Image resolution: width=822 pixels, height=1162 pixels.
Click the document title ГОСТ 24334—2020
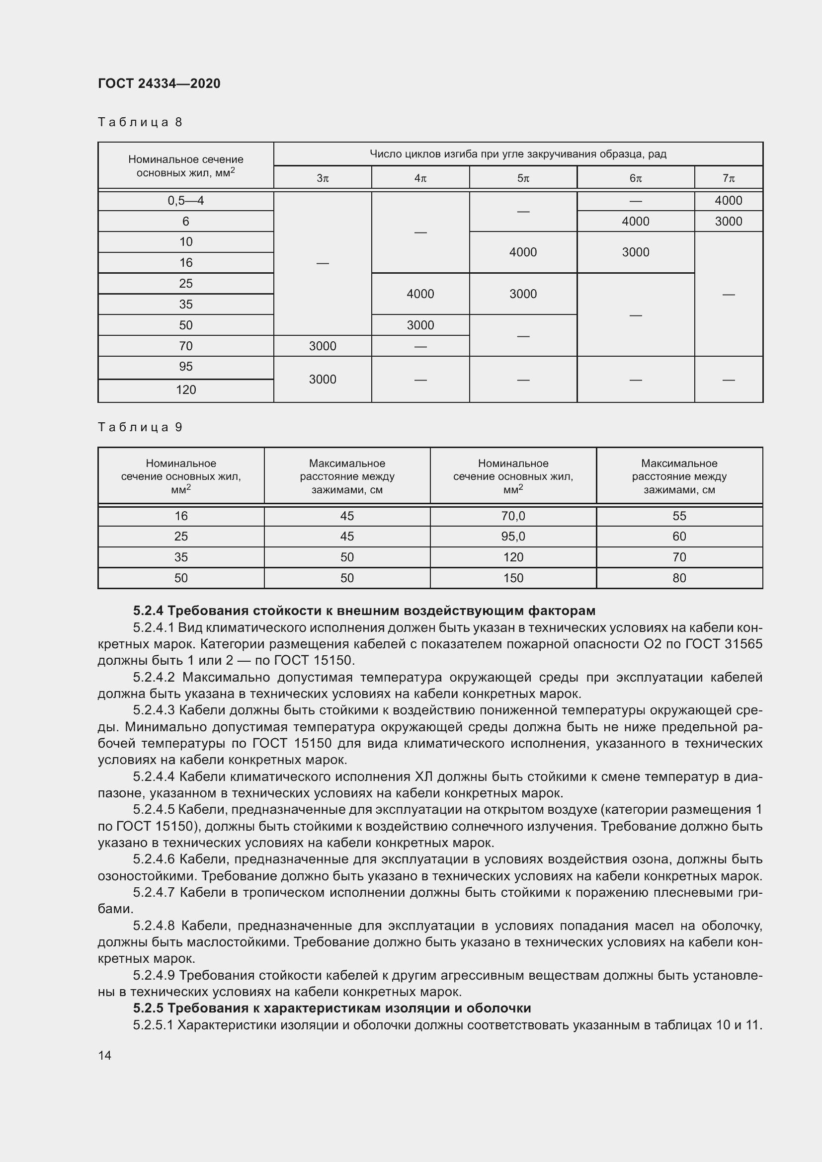coord(159,83)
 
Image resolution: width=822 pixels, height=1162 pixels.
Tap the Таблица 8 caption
coord(140,122)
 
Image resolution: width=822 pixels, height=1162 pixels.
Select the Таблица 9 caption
coord(140,427)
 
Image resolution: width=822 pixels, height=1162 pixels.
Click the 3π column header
coord(323,178)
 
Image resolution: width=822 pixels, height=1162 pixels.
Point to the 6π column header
coord(635,178)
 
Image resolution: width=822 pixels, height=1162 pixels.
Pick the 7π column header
coord(729,178)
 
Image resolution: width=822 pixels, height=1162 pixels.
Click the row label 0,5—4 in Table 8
coord(186,201)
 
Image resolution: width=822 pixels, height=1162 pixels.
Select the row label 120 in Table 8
coord(186,389)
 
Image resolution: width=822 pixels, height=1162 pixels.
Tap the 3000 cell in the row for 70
coord(323,346)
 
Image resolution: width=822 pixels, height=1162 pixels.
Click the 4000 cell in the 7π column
coord(729,201)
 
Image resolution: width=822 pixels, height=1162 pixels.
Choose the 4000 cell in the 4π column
coord(420,294)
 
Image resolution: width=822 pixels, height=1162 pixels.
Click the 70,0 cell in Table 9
coord(513,516)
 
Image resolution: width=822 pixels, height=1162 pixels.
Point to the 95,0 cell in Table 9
coord(513,537)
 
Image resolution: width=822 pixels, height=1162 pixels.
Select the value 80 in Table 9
coord(679,578)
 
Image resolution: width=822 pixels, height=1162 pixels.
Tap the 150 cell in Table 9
coord(513,578)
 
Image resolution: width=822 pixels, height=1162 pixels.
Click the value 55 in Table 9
coord(679,516)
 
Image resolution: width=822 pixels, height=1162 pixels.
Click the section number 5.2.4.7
coord(154,892)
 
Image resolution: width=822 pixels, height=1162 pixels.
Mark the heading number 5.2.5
coord(148,1008)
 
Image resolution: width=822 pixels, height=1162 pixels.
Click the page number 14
coord(105,1055)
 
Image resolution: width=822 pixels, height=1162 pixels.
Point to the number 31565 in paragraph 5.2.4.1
coord(741,644)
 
